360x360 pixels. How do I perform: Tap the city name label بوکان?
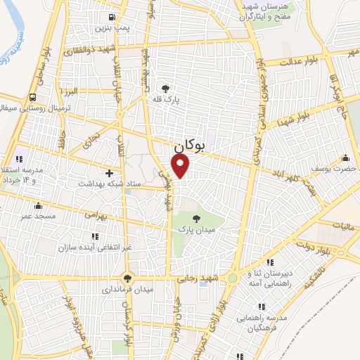pos(188,146)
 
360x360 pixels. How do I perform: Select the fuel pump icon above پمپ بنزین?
pos(112,18)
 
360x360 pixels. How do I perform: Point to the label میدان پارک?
pos(195,229)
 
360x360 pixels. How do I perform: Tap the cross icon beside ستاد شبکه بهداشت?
pos(108,172)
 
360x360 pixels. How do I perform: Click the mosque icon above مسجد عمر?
pos(38,206)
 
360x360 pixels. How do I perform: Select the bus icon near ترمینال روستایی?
pos(33,98)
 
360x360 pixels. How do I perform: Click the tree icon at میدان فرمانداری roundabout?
pos(127,277)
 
